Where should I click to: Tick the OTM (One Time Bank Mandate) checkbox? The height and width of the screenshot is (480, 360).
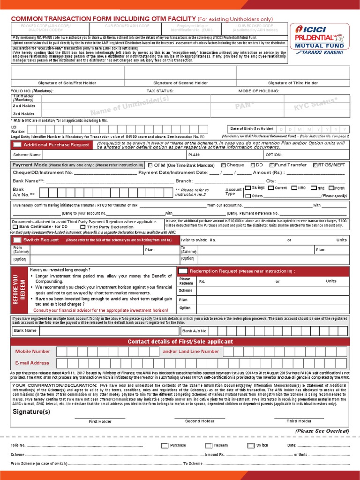pos(150,165)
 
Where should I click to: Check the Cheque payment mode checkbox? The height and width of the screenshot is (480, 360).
pos(223,165)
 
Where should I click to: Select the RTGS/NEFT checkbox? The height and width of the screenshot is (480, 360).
pos(314,165)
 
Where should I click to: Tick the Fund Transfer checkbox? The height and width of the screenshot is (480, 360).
pos(271,165)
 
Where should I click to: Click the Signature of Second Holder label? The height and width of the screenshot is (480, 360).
pos(180,83)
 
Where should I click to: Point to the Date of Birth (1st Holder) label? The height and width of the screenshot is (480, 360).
pos(251,128)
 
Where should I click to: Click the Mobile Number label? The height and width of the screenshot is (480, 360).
pos(33,351)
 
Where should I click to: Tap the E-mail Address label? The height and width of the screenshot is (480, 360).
pos(32,363)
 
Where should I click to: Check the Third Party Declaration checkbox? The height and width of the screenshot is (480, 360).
pos(83,227)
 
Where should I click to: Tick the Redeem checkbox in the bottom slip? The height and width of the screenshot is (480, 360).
pos(208,445)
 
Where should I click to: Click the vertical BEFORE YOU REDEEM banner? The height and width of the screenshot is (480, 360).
pos(19,290)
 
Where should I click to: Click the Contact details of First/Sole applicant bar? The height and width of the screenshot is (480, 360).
pos(180,342)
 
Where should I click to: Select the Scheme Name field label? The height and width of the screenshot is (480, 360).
pos(27,155)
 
